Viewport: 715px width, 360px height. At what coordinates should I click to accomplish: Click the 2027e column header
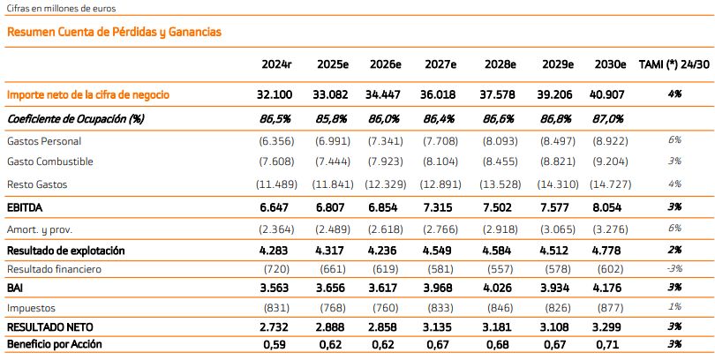point(440,64)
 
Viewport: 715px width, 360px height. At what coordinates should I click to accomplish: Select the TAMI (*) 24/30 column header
point(674,64)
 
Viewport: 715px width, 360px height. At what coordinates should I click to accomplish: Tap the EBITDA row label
point(25,208)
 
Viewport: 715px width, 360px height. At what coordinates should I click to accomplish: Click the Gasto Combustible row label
point(50,161)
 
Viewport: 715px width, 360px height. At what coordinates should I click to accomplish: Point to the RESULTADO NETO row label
point(50,327)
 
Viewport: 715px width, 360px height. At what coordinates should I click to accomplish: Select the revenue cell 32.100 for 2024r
point(275,94)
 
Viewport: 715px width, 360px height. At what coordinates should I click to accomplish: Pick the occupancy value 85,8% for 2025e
point(331,119)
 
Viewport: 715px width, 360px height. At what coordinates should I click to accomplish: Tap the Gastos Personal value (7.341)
point(386,141)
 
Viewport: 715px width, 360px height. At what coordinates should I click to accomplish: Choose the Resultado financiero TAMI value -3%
point(674,269)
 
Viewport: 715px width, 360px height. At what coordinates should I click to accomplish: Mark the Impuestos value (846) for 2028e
point(500,308)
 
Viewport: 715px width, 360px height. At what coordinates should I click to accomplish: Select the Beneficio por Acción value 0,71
point(607,344)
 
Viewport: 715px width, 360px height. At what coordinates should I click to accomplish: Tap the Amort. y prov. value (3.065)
point(558,229)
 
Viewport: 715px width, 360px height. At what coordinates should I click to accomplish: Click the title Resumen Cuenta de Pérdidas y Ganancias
point(115,32)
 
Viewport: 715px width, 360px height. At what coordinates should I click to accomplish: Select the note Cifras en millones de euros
point(61,8)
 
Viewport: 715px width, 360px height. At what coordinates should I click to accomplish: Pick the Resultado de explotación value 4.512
point(556,251)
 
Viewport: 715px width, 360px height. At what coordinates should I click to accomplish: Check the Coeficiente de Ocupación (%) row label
point(75,119)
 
